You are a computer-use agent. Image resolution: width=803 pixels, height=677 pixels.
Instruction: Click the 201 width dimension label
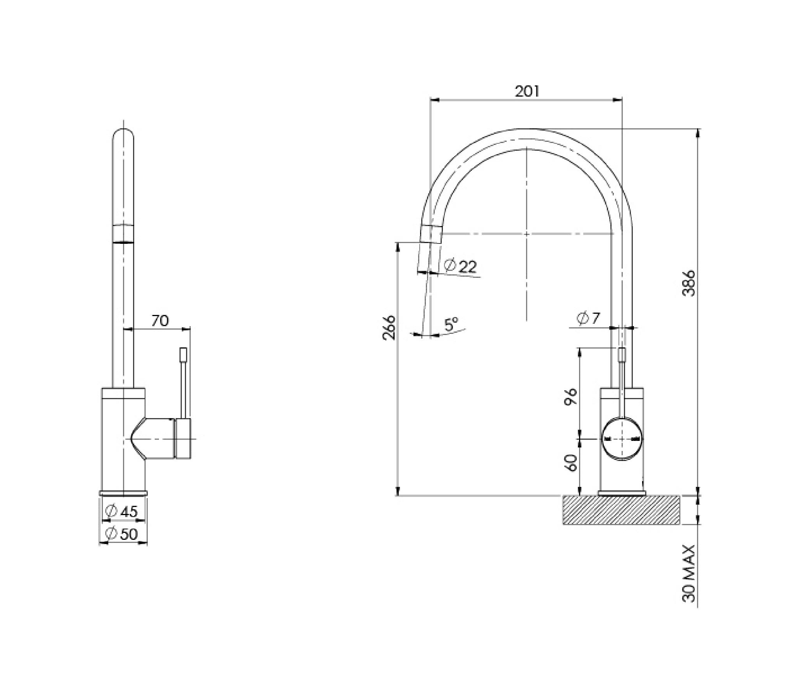pyautogui.click(x=526, y=91)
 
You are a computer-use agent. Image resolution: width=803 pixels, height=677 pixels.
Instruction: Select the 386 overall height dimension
pyautogui.click(x=689, y=283)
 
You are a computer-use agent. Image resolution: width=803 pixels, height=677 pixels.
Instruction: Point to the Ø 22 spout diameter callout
pyautogui.click(x=461, y=266)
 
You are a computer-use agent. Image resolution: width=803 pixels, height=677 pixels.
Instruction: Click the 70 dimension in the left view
pyautogui.click(x=160, y=321)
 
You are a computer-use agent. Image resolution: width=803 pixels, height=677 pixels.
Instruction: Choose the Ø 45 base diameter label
pyautogui.click(x=121, y=511)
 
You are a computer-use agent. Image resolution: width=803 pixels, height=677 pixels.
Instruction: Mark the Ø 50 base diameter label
pyautogui.click(x=121, y=534)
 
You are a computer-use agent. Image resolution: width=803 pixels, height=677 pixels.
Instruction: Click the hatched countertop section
pyautogui.click(x=621, y=510)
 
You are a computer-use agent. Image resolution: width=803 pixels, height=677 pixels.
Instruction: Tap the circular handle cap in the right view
pyautogui.click(x=621, y=439)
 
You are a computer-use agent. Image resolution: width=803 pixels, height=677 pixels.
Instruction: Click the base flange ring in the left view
pyautogui.click(x=123, y=493)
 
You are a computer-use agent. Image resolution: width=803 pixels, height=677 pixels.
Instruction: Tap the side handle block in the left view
pyautogui.click(x=183, y=439)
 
